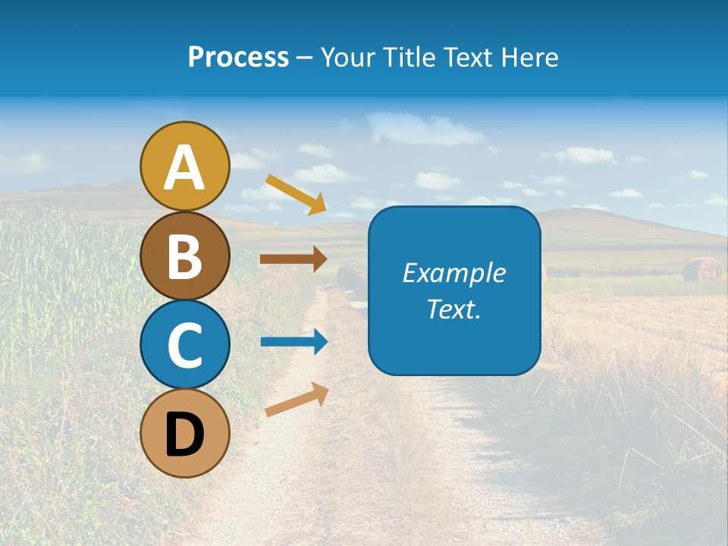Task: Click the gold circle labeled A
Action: (185, 166)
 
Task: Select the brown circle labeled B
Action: (185, 256)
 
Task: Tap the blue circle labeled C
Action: (185, 344)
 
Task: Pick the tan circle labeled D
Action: (185, 433)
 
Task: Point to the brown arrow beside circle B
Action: (293, 259)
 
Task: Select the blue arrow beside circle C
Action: (293, 341)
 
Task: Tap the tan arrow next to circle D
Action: (297, 400)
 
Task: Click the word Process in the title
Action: (238, 57)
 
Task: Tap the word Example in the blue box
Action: (453, 273)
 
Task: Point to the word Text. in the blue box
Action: (453, 309)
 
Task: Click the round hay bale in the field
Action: (702, 269)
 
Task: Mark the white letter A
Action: (185, 168)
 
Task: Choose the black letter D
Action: (185, 435)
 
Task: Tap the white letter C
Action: (185, 346)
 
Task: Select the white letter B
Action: (185, 257)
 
